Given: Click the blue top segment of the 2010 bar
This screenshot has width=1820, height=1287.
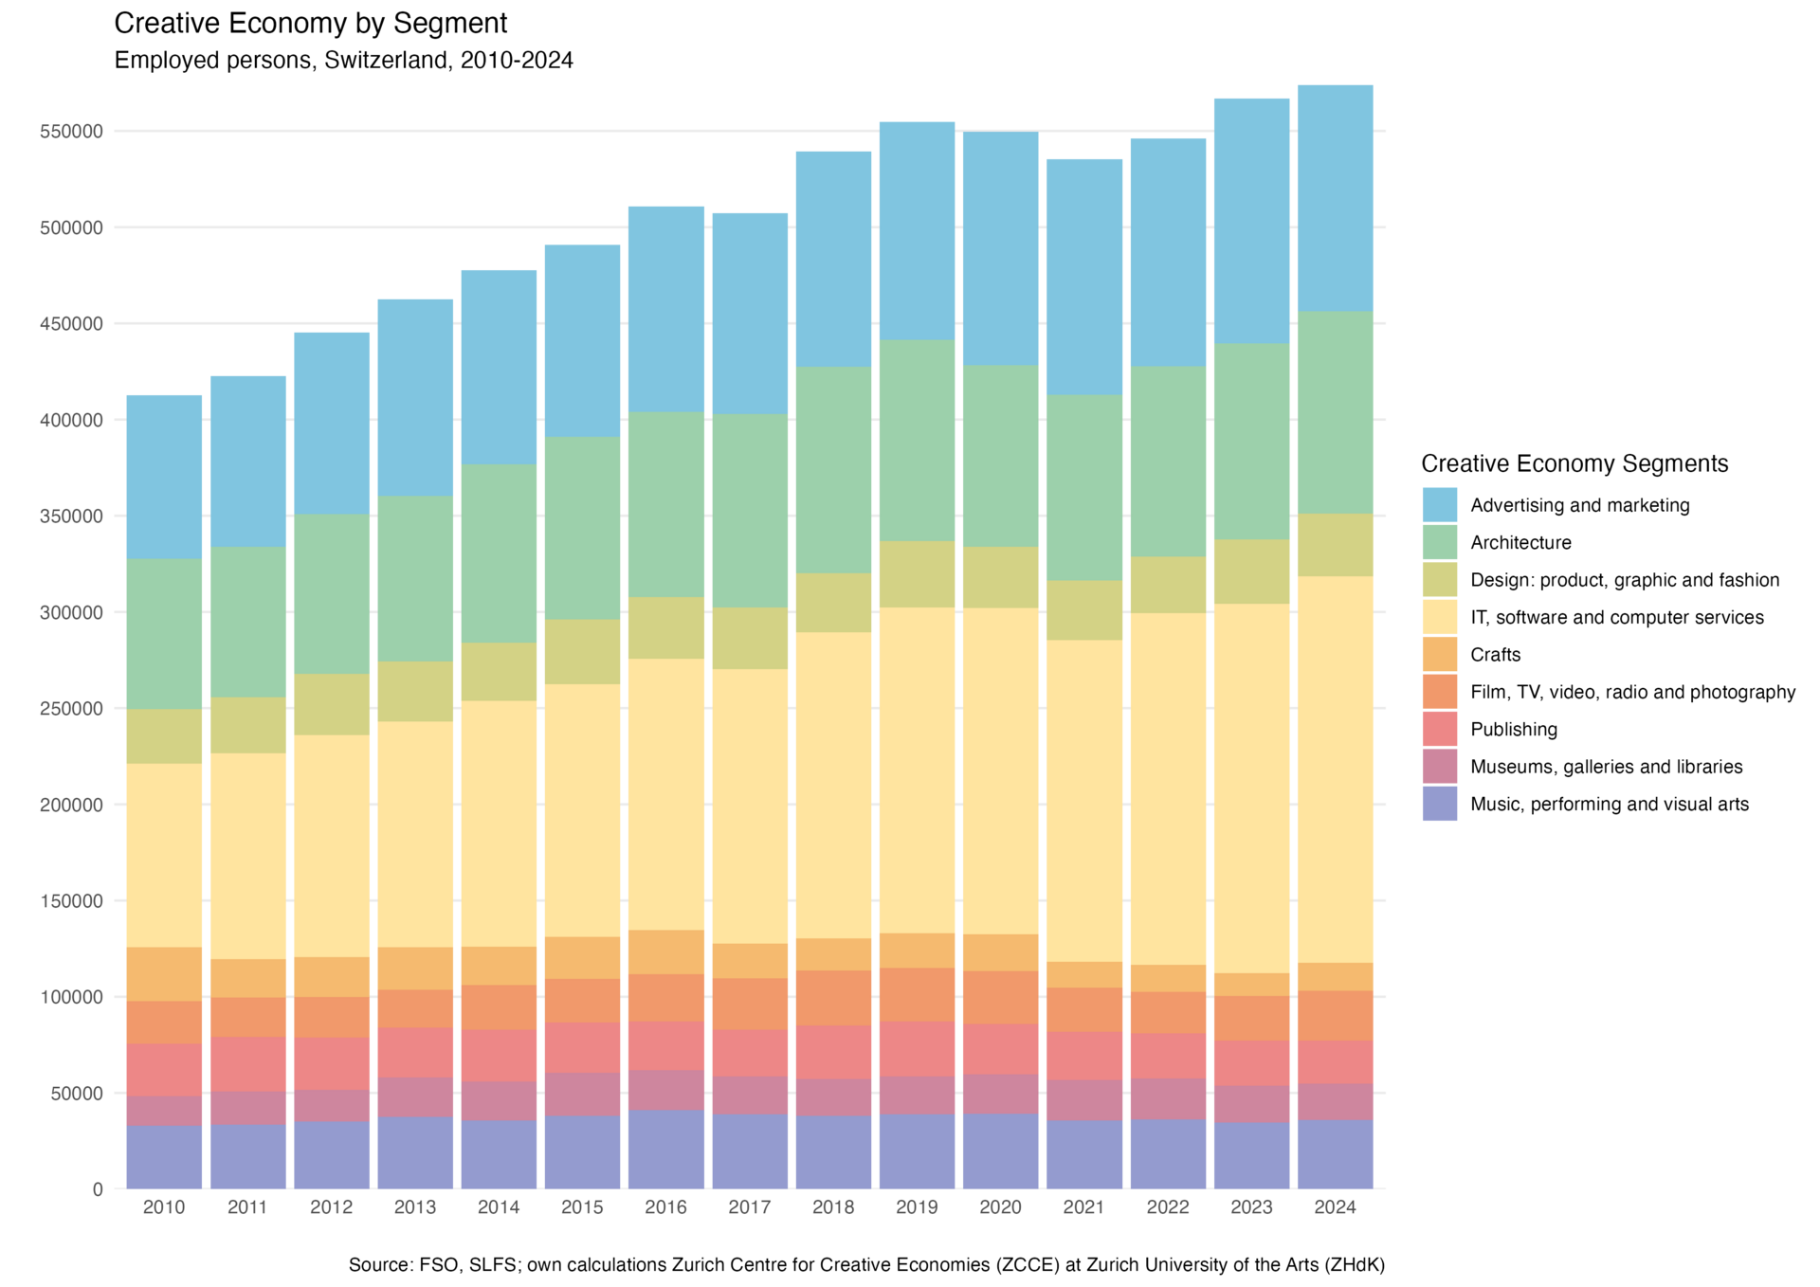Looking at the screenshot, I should click(164, 476).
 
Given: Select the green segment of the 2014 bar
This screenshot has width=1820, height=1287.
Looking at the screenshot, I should click(499, 553).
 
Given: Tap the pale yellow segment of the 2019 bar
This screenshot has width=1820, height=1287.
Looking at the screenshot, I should click(917, 770).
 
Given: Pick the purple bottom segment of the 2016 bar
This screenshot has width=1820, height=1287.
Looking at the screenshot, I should click(665, 1150).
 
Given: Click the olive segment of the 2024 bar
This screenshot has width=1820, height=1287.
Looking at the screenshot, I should click(1335, 545).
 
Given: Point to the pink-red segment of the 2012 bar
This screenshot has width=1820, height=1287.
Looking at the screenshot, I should click(332, 1063).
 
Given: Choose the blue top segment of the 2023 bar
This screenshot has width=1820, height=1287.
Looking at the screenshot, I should click(1251, 220).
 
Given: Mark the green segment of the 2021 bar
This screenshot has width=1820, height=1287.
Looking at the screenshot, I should click(1083, 487).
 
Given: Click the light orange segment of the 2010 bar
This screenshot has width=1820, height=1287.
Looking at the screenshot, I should click(164, 974).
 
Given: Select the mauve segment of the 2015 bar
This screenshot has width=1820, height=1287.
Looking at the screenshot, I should click(582, 1095).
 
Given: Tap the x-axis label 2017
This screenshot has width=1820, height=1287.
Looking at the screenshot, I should click(749, 1207).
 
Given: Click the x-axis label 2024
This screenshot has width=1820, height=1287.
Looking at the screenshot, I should click(1335, 1207).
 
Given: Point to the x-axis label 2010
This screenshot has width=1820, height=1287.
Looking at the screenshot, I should click(164, 1207).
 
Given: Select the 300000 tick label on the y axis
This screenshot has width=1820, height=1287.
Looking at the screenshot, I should click(71, 613).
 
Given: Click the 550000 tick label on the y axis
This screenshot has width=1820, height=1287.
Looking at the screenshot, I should click(71, 132).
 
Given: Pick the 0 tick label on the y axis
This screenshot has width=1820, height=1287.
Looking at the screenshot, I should click(98, 1189).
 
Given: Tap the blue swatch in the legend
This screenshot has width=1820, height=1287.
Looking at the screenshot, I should click(1439, 505).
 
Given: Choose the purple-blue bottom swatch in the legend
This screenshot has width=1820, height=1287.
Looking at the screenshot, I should click(1439, 804).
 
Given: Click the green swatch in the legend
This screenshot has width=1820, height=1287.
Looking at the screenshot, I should click(1439, 542).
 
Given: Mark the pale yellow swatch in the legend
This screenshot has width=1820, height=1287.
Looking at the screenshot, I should click(1439, 617).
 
